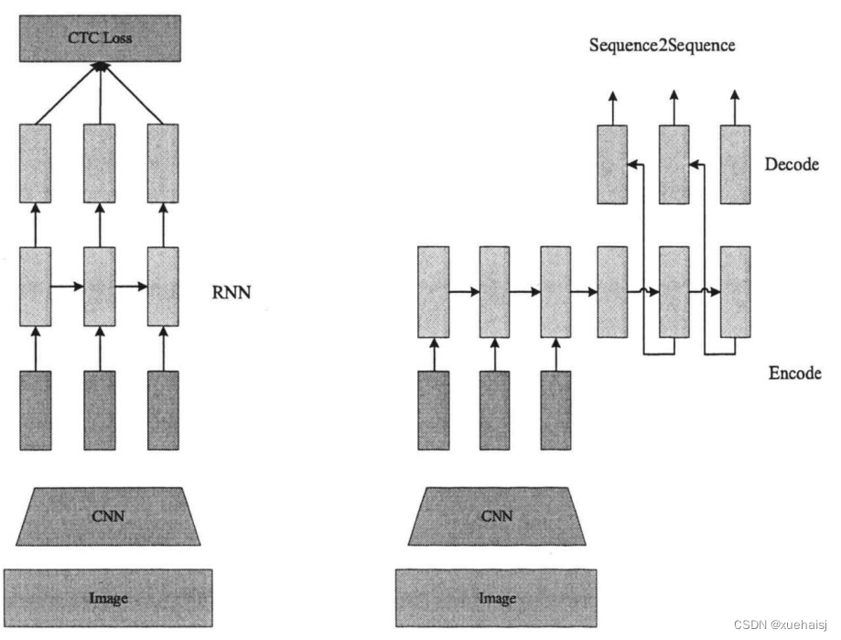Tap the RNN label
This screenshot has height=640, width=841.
pos(231,294)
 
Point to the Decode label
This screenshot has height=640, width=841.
pos(792,165)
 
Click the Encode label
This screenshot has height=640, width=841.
pos(794,374)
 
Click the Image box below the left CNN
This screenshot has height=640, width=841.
pos(108,599)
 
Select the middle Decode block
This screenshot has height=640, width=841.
pos(674,164)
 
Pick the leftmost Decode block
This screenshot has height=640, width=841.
pos(612,164)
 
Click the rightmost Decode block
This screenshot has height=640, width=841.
pos(736,164)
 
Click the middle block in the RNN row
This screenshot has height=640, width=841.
pos(100,285)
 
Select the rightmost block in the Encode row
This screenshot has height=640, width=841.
pos(736,291)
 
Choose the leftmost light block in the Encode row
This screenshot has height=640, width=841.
pos(433,291)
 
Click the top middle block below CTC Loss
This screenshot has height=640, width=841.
pos(100,163)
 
